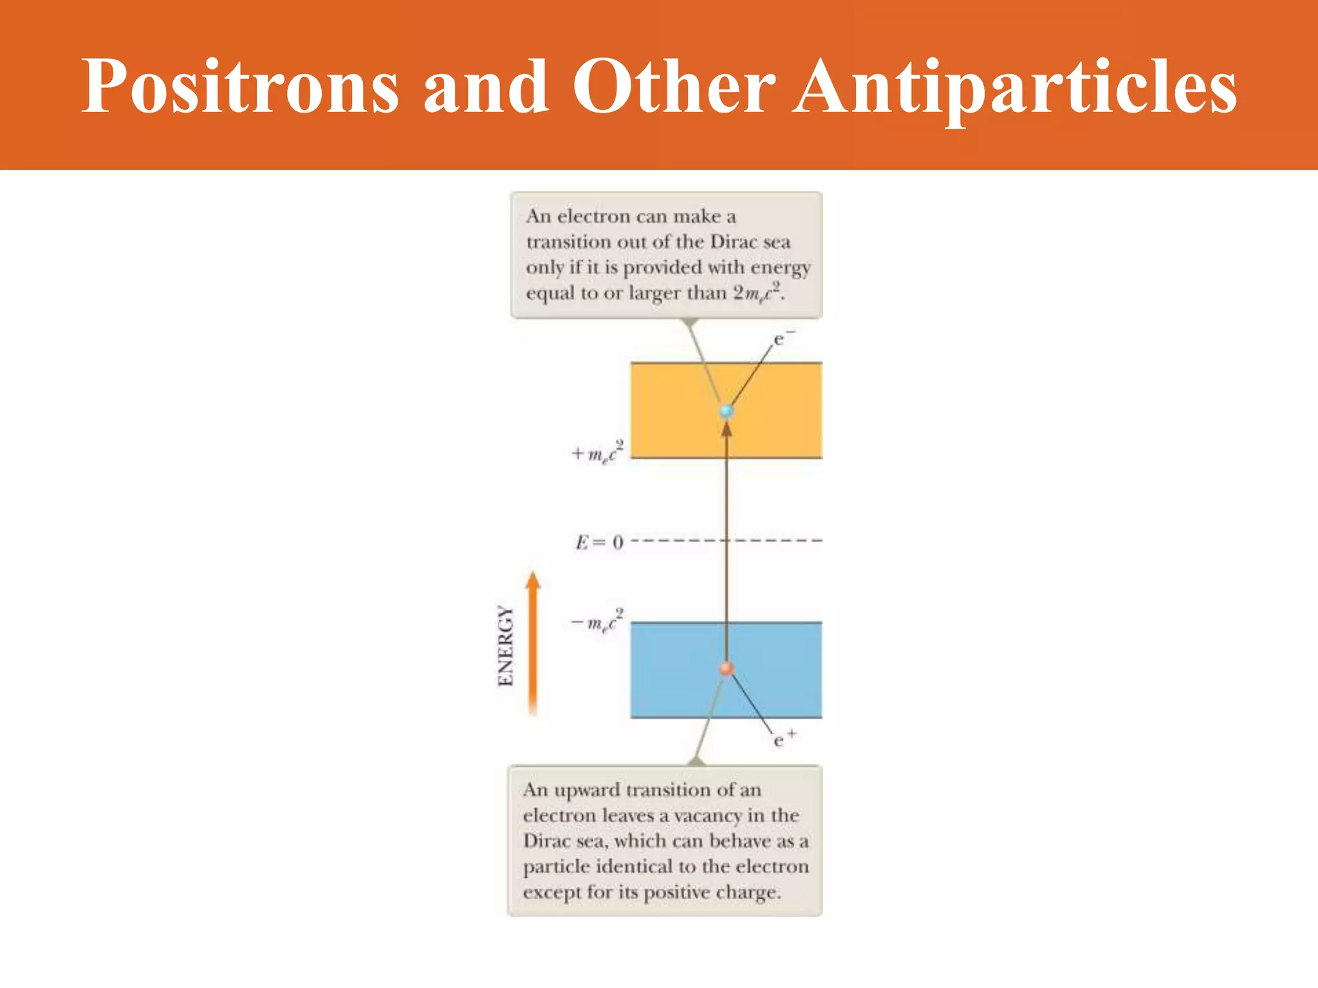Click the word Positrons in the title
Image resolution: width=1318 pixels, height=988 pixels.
(240, 87)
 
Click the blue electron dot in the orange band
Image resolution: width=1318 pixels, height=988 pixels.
(727, 411)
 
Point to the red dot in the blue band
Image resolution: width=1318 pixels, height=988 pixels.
(727, 669)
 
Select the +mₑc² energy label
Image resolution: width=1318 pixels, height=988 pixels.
(597, 452)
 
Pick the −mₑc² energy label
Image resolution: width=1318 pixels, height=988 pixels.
(597, 621)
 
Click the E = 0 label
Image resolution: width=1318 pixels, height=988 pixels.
(599, 542)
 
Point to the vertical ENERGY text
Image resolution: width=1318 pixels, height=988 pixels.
(506, 646)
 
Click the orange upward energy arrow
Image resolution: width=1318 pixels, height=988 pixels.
(532, 643)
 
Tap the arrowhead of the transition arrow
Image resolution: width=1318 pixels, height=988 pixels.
(727, 429)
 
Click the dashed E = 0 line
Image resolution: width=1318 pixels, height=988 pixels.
(772, 540)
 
